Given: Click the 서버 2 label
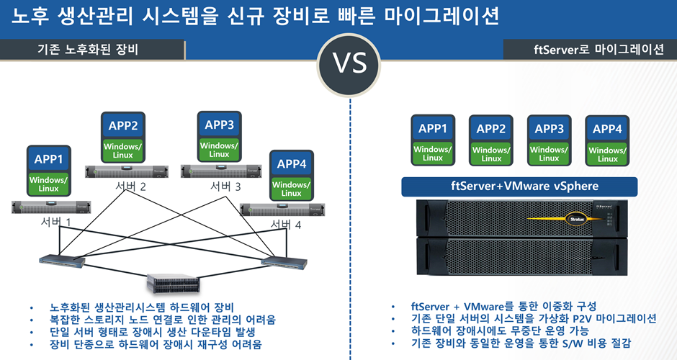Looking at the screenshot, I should pos(131,187).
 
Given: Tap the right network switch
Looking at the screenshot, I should pos(285,261).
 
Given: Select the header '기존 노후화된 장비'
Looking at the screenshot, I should pos(88,50).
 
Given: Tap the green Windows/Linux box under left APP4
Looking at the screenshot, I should pos(291,189).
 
